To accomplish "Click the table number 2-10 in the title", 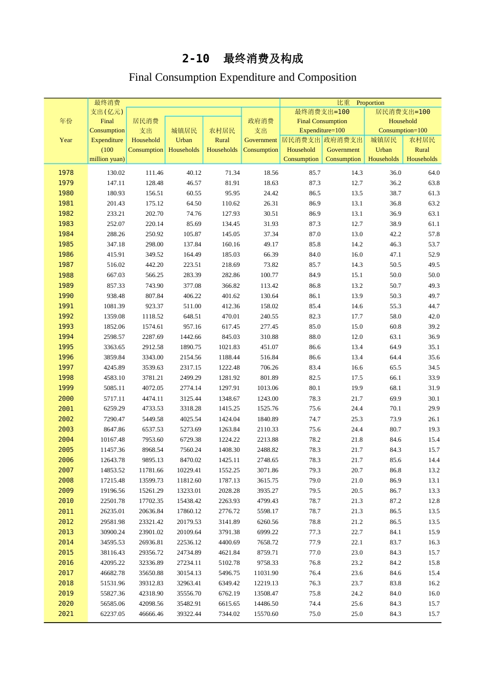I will click(x=195, y=59).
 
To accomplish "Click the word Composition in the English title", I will click(x=327, y=77).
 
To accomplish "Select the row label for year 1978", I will click(x=66, y=173).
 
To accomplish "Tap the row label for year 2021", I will click(x=66, y=614).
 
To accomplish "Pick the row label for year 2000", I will click(x=66, y=399).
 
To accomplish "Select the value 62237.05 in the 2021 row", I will click(x=113, y=614).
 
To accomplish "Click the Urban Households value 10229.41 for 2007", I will click(x=189, y=470).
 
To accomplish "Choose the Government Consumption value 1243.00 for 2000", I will click(x=268, y=399).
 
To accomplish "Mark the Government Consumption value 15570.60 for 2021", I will click(x=266, y=614).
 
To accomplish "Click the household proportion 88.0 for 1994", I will click(x=315, y=337).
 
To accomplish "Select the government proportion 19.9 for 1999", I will click(x=357, y=388).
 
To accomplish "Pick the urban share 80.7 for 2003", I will click(x=395, y=429).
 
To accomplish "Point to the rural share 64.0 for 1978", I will click(x=434, y=173).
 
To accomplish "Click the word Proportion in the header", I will click(x=370, y=103).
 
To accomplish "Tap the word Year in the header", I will click(x=66, y=140).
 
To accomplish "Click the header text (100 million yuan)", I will click(x=107, y=154).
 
